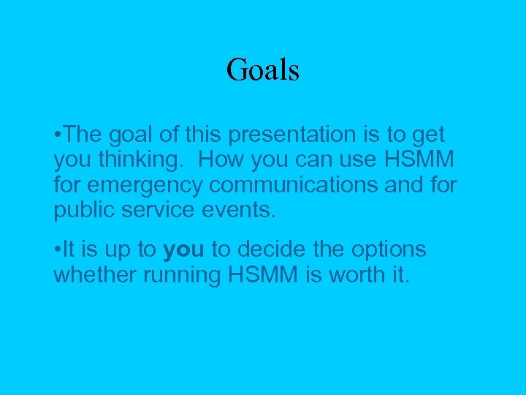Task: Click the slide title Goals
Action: pos(263,70)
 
